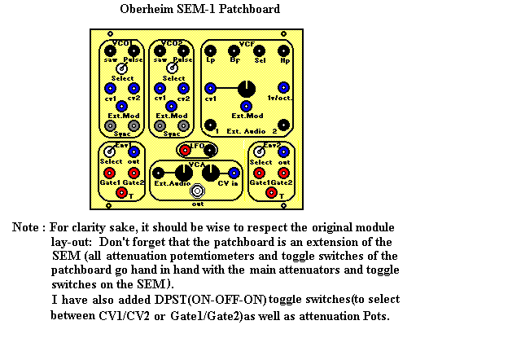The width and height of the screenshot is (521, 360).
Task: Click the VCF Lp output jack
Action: pos(211,50)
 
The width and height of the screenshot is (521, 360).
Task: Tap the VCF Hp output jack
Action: pos(283,50)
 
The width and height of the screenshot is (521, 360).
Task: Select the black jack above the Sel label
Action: pos(259,50)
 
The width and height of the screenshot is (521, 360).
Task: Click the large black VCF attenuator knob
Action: pos(246,88)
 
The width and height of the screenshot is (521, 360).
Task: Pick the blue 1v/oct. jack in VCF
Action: pos(282,87)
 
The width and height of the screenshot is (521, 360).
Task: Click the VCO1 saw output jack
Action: pos(109,50)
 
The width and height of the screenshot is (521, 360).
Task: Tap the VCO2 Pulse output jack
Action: pos(184,50)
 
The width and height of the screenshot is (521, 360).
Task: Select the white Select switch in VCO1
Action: pos(121,68)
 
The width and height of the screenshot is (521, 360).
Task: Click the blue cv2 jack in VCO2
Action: pos(183,88)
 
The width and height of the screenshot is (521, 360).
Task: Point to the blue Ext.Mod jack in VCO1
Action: pos(121,106)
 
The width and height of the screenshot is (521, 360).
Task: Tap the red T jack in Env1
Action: pos(121,192)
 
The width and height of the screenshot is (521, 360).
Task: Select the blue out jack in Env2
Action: pos(282,151)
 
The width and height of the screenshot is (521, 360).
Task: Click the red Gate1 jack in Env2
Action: pos(259,172)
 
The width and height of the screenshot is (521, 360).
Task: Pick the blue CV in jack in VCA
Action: pos(234,172)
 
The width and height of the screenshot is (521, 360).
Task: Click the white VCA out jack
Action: pos(198,192)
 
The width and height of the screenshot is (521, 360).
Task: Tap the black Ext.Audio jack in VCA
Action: pos(160,172)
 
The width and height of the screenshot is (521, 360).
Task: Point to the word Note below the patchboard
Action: pos(27,226)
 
